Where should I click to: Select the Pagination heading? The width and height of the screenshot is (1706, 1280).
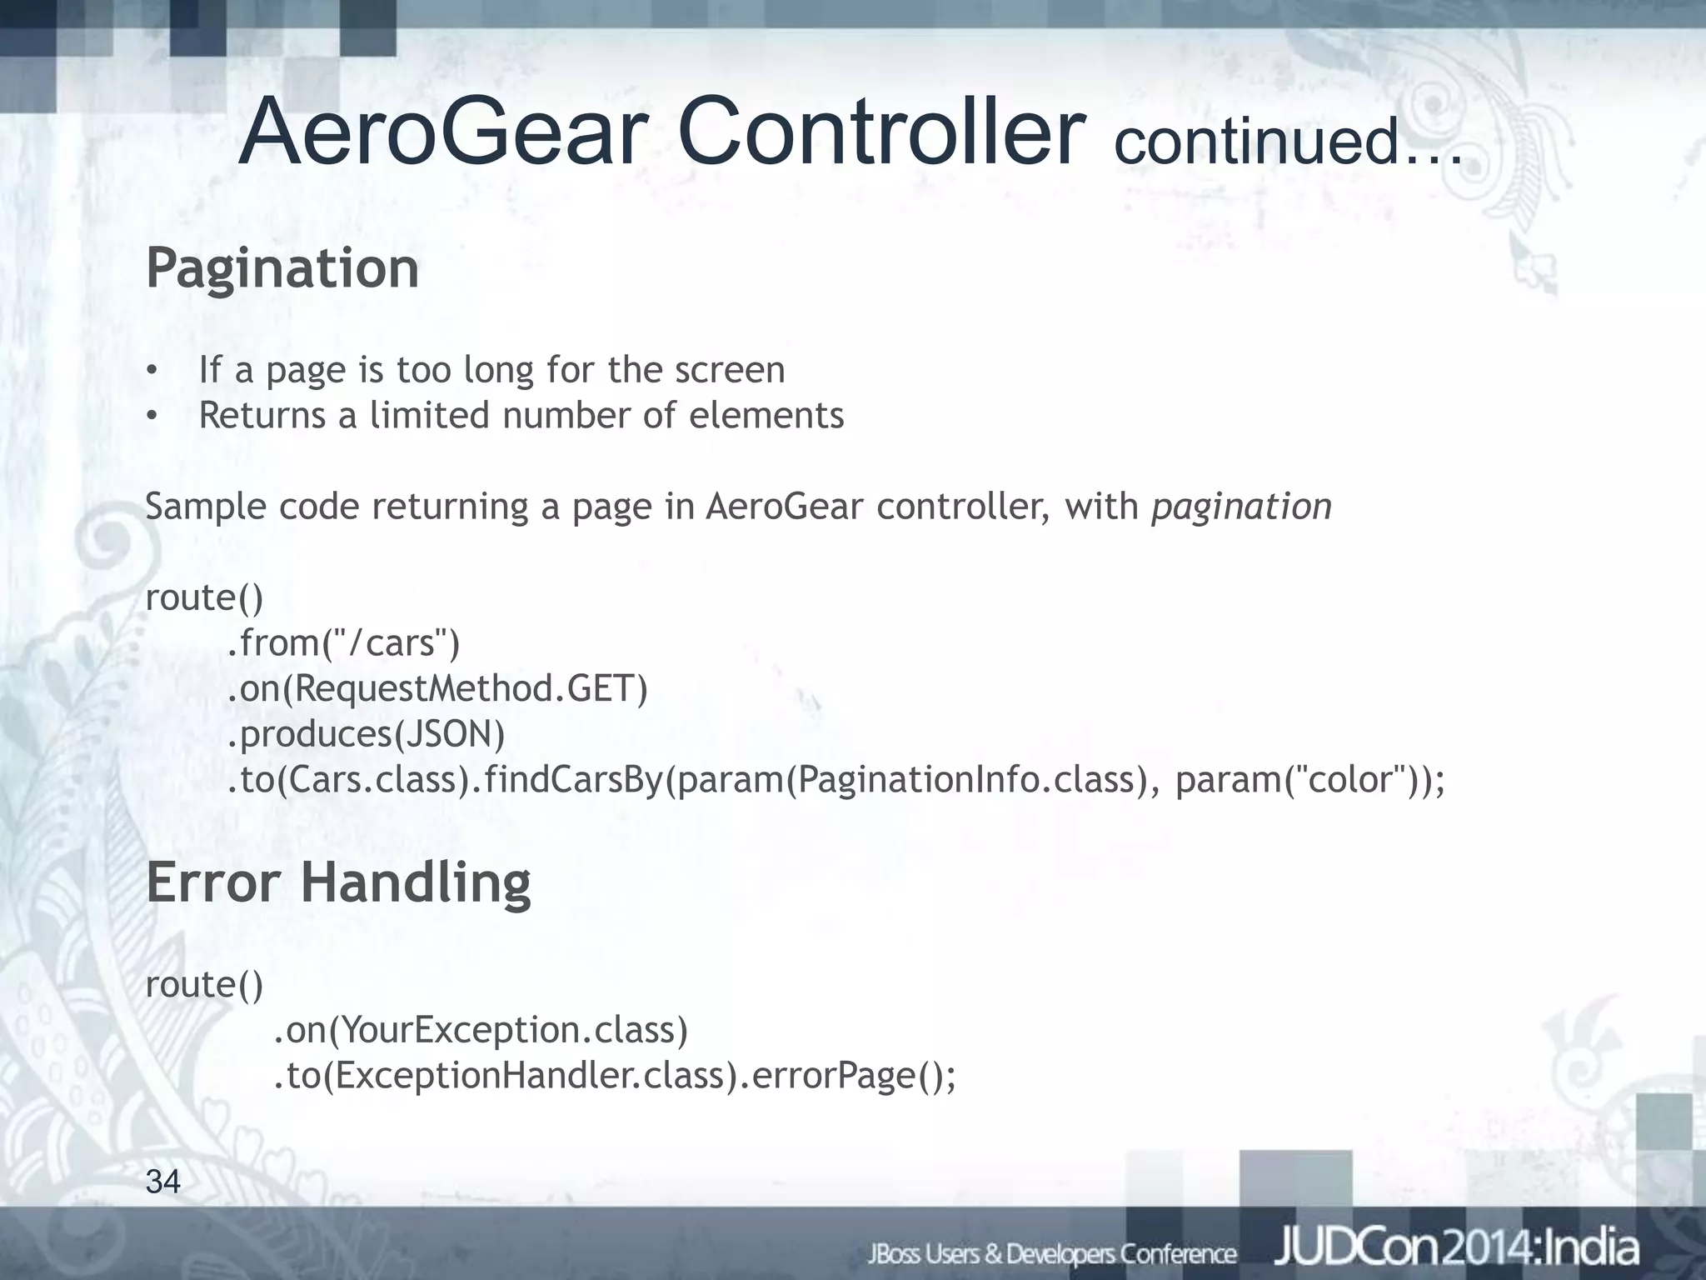pos(282,268)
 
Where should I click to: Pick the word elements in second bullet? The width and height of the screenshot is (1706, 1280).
pos(766,415)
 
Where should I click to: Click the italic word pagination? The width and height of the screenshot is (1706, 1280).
pos(1241,507)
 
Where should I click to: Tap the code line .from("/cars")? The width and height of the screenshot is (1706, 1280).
pos(343,642)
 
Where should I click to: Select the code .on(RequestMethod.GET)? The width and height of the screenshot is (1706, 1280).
pos(437,688)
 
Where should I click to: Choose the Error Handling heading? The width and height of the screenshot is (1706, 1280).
pos(338,882)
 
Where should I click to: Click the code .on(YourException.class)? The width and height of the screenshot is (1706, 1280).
pos(481,1031)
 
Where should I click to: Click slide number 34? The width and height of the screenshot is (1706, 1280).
pos(163,1182)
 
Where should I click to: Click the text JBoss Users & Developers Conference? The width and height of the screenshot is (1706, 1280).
pos(1052,1253)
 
